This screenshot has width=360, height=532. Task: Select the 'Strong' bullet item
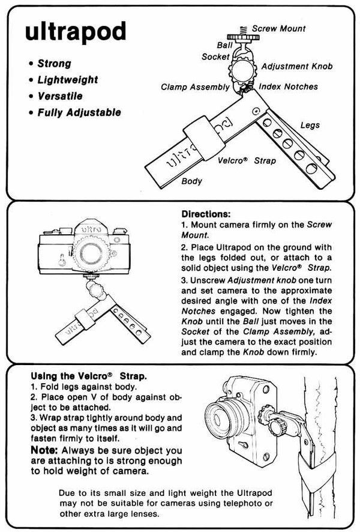pos(53,64)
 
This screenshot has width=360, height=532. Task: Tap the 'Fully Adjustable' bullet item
pos(79,112)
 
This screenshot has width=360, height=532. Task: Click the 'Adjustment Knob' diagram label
pos(297,67)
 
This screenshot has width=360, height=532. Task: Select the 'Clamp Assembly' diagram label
pos(195,87)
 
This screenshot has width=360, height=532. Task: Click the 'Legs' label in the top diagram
pos(310,125)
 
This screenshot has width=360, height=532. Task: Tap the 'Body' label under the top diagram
pos(191,181)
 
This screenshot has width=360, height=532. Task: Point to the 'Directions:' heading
pos(206,214)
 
